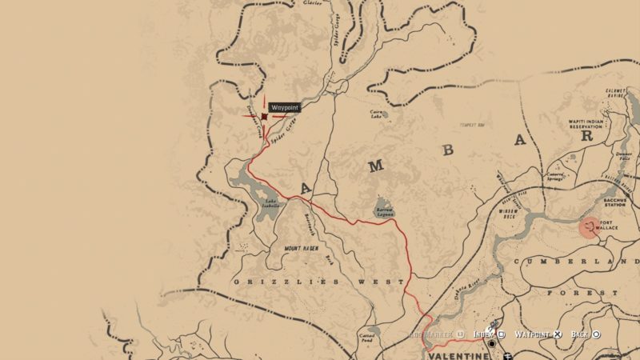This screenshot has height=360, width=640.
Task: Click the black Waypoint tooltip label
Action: (x=285, y=106)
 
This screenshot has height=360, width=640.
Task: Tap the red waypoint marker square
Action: (x=264, y=116)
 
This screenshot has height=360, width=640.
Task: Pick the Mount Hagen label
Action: (x=301, y=249)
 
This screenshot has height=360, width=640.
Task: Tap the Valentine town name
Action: (x=457, y=354)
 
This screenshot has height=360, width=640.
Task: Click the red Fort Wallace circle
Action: (x=590, y=228)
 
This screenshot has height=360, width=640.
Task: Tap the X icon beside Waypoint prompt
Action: (x=558, y=334)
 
